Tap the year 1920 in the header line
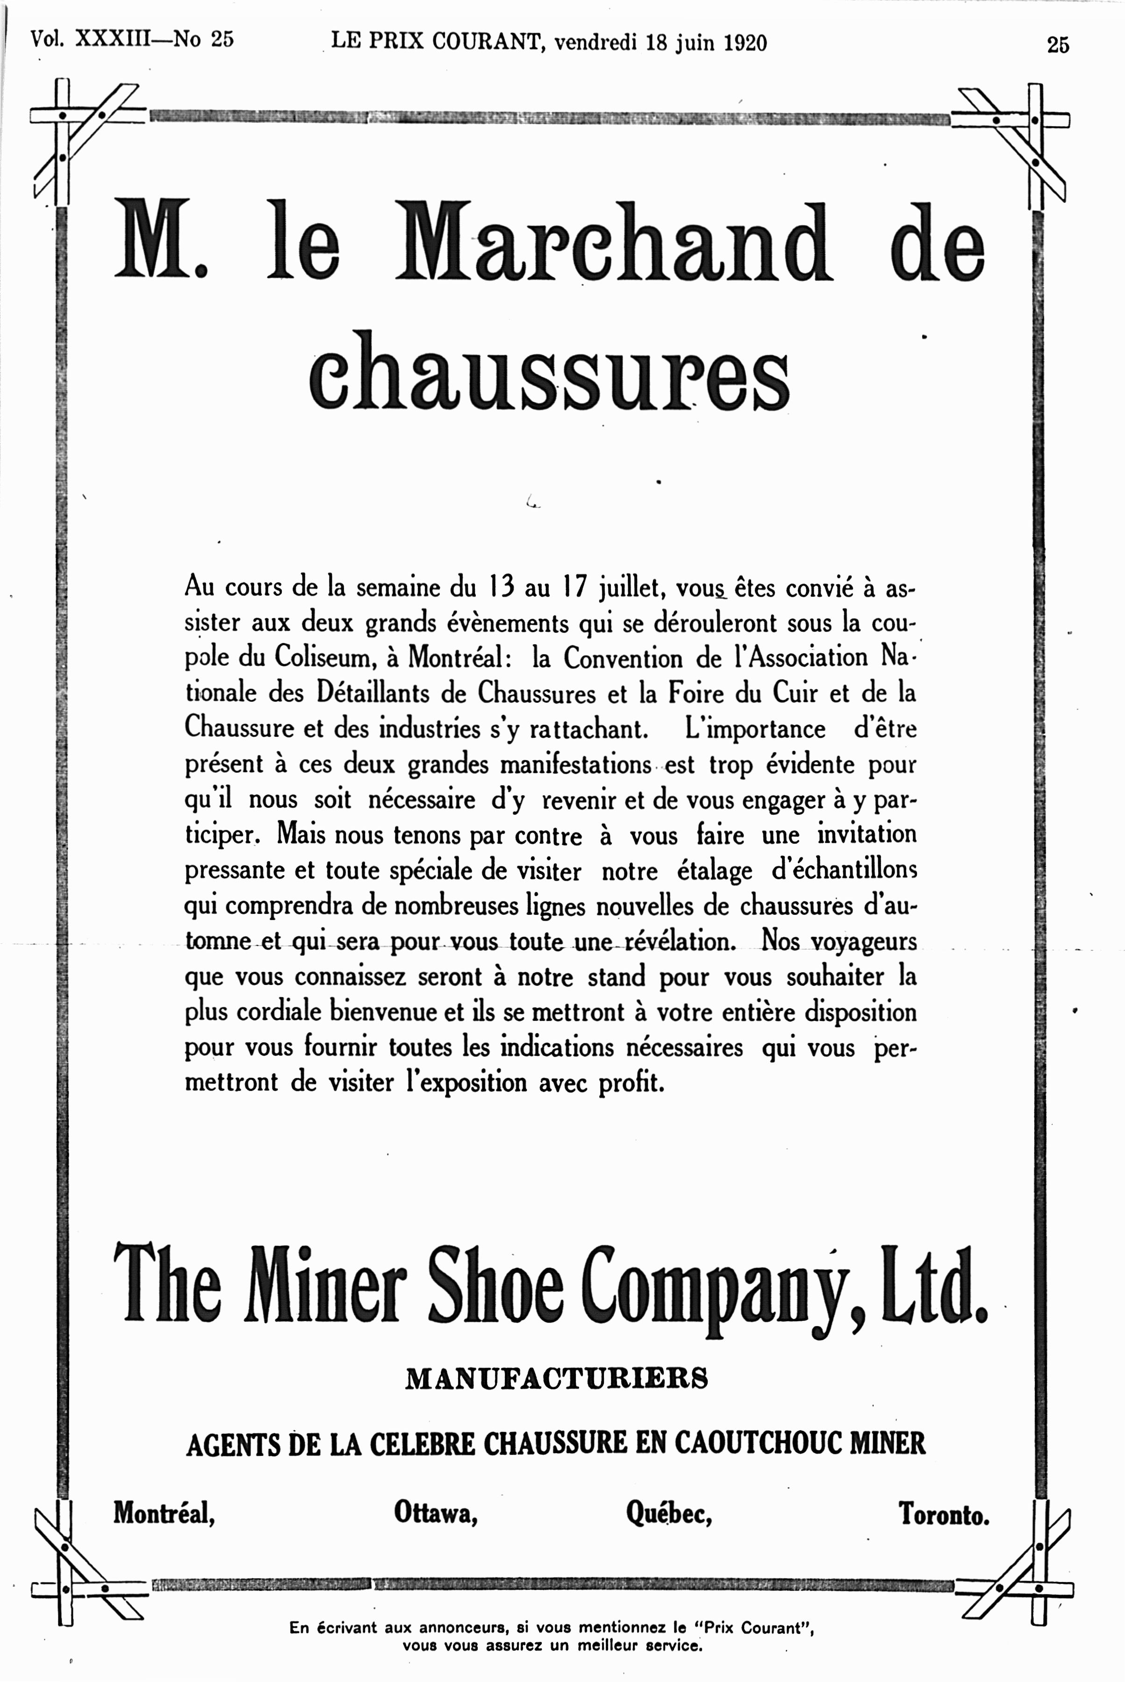pos(745,43)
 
